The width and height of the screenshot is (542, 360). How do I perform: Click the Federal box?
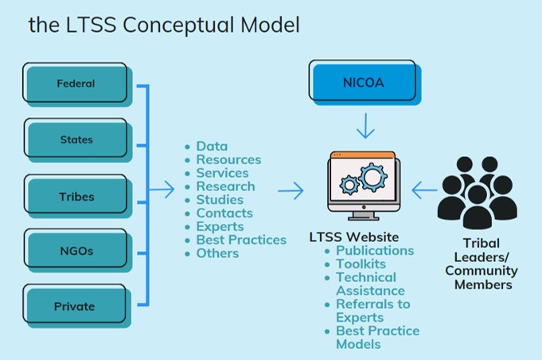(x=77, y=84)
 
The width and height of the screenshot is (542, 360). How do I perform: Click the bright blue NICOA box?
(x=365, y=82)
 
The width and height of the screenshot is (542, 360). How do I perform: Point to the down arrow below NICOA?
(x=365, y=126)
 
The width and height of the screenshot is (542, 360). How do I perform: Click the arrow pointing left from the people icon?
(x=424, y=190)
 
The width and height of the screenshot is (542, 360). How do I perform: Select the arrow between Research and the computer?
(x=291, y=190)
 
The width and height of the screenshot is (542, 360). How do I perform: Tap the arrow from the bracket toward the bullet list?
(x=162, y=190)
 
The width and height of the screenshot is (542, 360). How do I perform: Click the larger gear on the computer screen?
(x=372, y=177)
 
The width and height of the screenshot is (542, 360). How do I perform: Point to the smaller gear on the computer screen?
(x=349, y=185)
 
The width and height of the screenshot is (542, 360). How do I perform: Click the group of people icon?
(x=478, y=193)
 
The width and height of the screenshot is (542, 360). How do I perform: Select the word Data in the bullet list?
(x=212, y=147)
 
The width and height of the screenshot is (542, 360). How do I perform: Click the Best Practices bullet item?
(x=241, y=240)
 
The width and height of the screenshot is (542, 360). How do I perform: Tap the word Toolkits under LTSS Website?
(x=361, y=264)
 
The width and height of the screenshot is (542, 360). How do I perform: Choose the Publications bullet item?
(x=375, y=250)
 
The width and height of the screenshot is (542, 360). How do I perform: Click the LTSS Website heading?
(x=354, y=237)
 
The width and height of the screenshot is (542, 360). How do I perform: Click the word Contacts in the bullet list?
(x=224, y=213)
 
